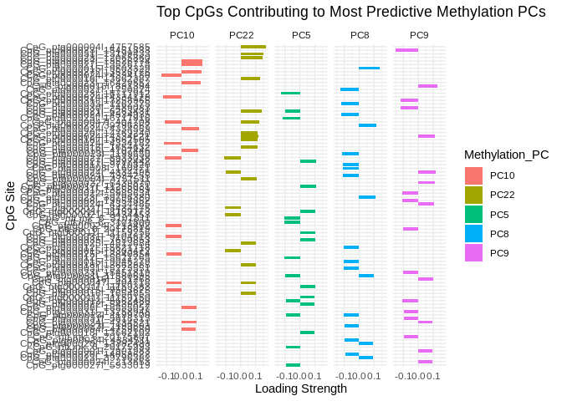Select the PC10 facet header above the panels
tap(181, 35)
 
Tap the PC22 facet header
tap(241, 35)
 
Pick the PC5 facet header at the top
tap(301, 35)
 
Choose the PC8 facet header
tap(360, 35)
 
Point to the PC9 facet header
tap(419, 35)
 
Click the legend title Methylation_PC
tap(506, 155)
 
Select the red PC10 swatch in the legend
tap(473, 175)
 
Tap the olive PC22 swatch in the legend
tap(473, 195)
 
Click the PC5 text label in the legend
tap(500, 214)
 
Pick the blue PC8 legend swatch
tap(473, 233)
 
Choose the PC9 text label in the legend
tap(500, 252)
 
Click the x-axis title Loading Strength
tap(300, 388)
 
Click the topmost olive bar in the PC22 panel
tap(253, 47)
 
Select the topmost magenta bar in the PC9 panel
tap(407, 50)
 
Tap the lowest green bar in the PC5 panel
tap(293, 365)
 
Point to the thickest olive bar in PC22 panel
tap(249, 136)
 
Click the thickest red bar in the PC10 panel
tap(192, 63)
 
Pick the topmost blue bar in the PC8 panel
tap(370, 69)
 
